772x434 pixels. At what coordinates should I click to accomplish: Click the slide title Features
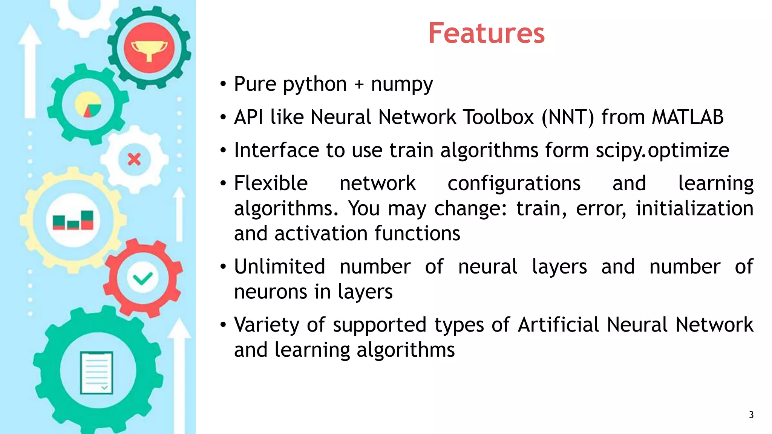pyautogui.click(x=486, y=33)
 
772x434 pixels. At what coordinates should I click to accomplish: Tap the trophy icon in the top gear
pyautogui.click(x=149, y=48)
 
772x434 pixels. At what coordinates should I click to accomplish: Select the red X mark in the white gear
pyautogui.click(x=134, y=159)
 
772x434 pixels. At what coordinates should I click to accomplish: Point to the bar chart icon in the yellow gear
pyautogui.click(x=73, y=220)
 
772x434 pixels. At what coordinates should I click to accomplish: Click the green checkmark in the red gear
pyautogui.click(x=143, y=279)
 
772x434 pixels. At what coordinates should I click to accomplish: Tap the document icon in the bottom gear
pyautogui.click(x=96, y=373)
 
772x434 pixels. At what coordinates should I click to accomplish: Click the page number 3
pyautogui.click(x=751, y=415)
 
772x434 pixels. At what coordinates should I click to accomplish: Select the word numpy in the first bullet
pyautogui.click(x=402, y=84)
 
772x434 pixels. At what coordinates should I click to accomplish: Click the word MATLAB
pyautogui.click(x=688, y=117)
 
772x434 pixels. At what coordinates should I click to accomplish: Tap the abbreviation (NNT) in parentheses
pyautogui.click(x=568, y=117)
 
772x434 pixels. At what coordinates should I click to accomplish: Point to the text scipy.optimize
pyautogui.click(x=662, y=151)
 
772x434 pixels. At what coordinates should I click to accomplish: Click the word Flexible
pyautogui.click(x=271, y=183)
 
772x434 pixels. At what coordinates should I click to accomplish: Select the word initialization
pyautogui.click(x=694, y=208)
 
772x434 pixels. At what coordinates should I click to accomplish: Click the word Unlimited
pyautogui.click(x=279, y=267)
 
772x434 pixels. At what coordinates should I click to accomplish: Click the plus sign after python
pyautogui.click(x=359, y=84)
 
